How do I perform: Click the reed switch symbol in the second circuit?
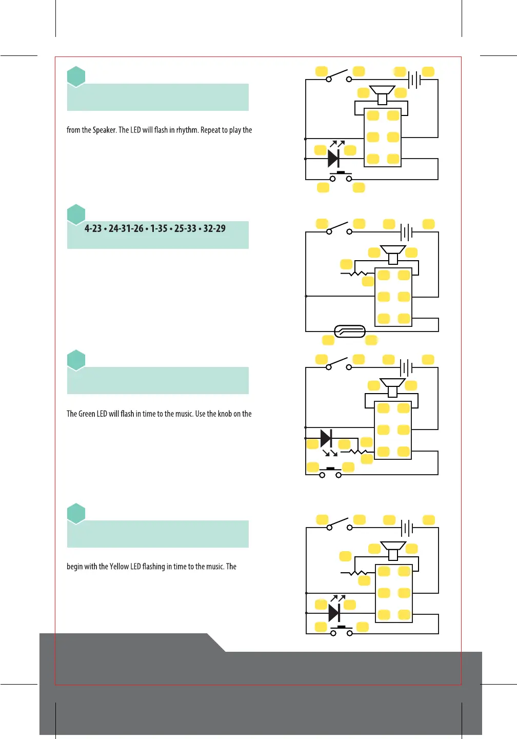point(350,332)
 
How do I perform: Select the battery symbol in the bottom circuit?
point(407,528)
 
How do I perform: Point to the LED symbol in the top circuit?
point(334,158)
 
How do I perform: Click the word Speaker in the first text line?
point(104,130)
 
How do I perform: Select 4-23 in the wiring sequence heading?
point(93,229)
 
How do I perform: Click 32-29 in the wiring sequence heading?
point(214,229)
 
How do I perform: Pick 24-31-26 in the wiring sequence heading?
point(126,229)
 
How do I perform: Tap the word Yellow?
point(119,567)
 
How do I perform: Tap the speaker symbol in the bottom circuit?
point(393,550)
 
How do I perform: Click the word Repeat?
point(210,130)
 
